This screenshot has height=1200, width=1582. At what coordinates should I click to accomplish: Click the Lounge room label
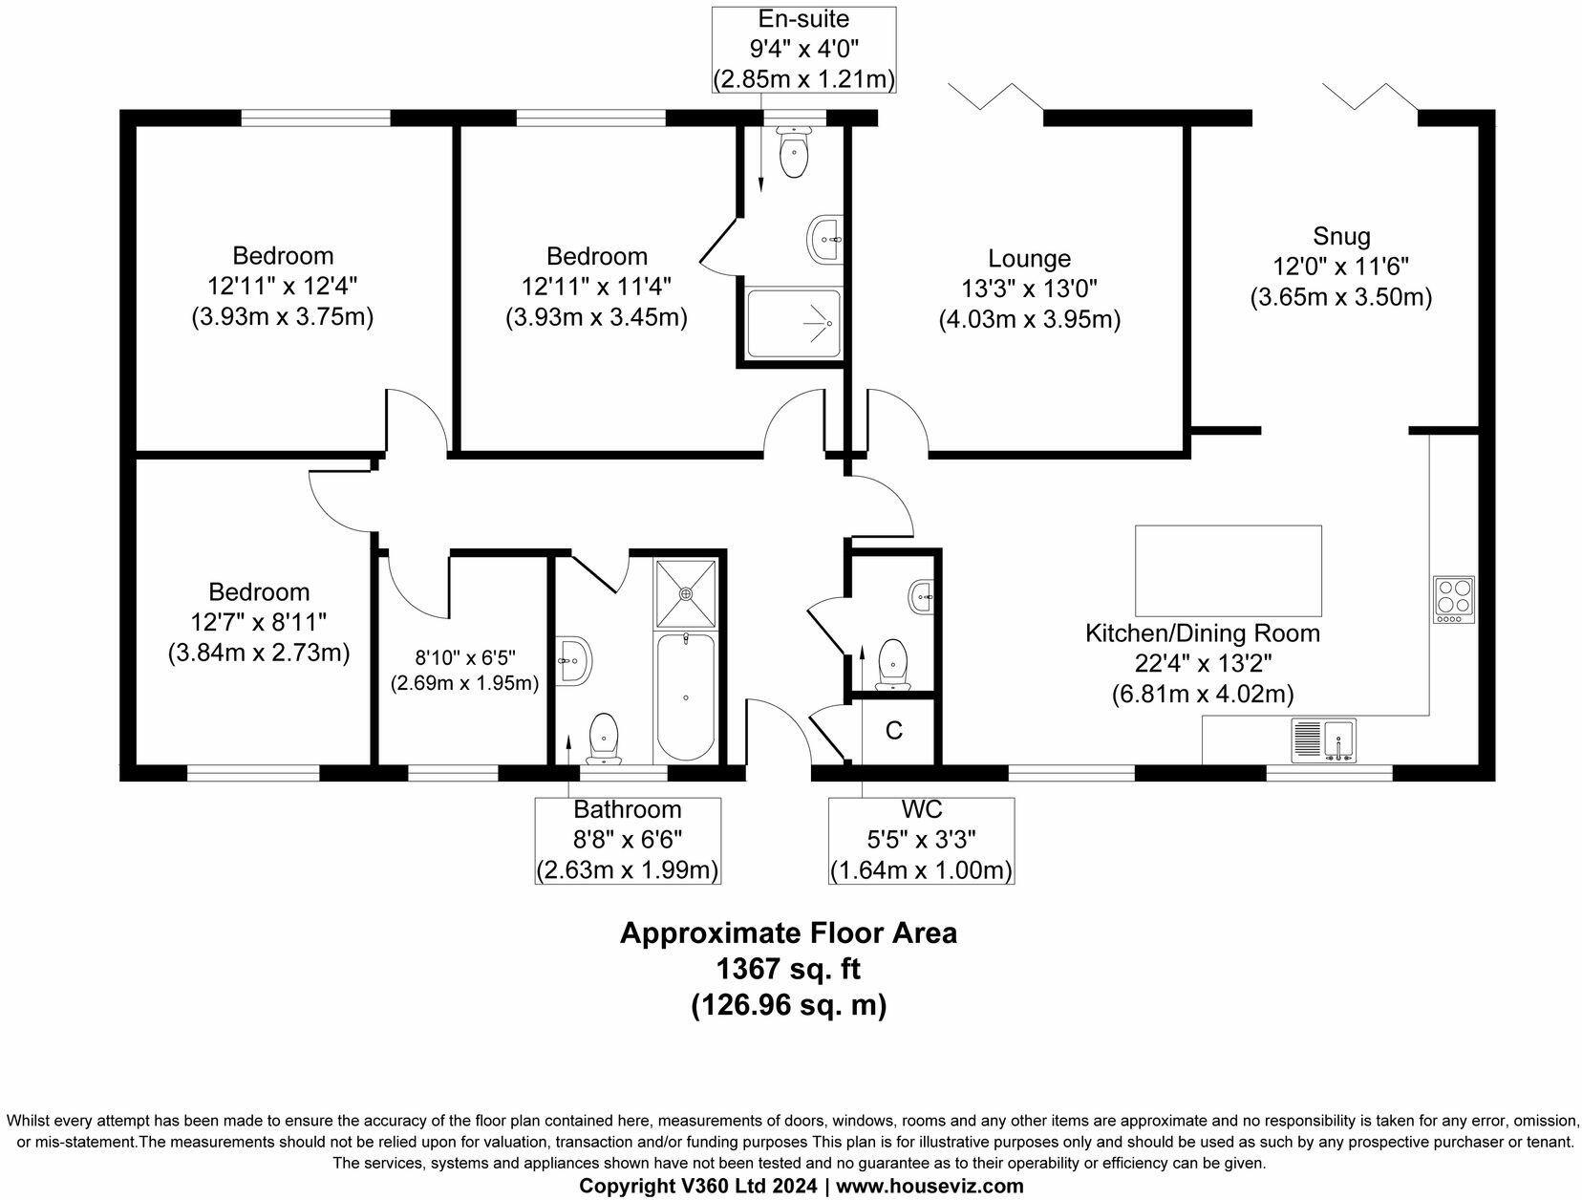(1029, 258)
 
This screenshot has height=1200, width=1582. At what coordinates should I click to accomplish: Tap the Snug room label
(1341, 236)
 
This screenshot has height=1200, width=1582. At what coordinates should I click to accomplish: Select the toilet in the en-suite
(794, 152)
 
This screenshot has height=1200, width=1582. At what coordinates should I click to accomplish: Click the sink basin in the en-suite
(824, 239)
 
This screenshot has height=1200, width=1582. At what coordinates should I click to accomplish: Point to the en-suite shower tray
(794, 324)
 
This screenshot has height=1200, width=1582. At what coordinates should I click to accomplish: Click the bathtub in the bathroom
(685, 697)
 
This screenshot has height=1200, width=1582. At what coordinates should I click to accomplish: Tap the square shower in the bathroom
(686, 594)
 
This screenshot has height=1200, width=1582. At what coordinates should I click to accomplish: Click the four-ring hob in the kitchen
(1454, 600)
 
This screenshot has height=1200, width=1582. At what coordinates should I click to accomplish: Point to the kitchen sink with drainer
(1323, 740)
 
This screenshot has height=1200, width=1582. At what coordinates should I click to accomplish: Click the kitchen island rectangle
(1229, 570)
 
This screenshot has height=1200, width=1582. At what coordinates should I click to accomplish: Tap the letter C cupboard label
(894, 731)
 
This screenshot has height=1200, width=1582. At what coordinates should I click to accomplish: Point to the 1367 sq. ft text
(788, 969)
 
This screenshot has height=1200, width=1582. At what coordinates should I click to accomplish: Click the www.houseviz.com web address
(930, 1186)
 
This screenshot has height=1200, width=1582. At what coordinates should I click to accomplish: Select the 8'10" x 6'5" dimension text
(465, 657)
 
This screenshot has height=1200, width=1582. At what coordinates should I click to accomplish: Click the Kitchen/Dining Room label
(1203, 633)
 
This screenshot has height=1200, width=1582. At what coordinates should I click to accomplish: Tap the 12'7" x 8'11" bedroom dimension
(259, 622)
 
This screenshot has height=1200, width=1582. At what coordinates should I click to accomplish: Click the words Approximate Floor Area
(788, 932)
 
